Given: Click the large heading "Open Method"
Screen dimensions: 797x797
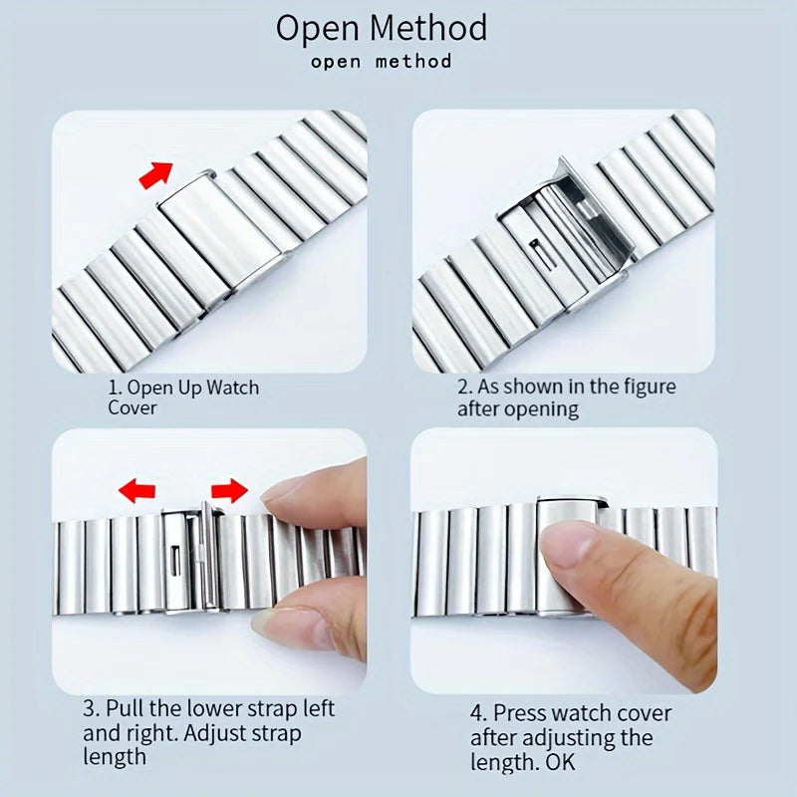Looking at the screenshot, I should pyautogui.click(x=382, y=27).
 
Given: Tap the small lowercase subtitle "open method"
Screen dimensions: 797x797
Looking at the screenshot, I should pyautogui.click(x=381, y=62).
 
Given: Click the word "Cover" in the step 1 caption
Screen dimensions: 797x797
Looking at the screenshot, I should pyautogui.click(x=133, y=407).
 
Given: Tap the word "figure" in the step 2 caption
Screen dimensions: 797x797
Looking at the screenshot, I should pyautogui.click(x=643, y=387).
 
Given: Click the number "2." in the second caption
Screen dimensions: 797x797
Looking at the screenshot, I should pyautogui.click(x=464, y=387).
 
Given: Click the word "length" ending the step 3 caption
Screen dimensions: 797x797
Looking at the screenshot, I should pyautogui.click(x=115, y=757).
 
